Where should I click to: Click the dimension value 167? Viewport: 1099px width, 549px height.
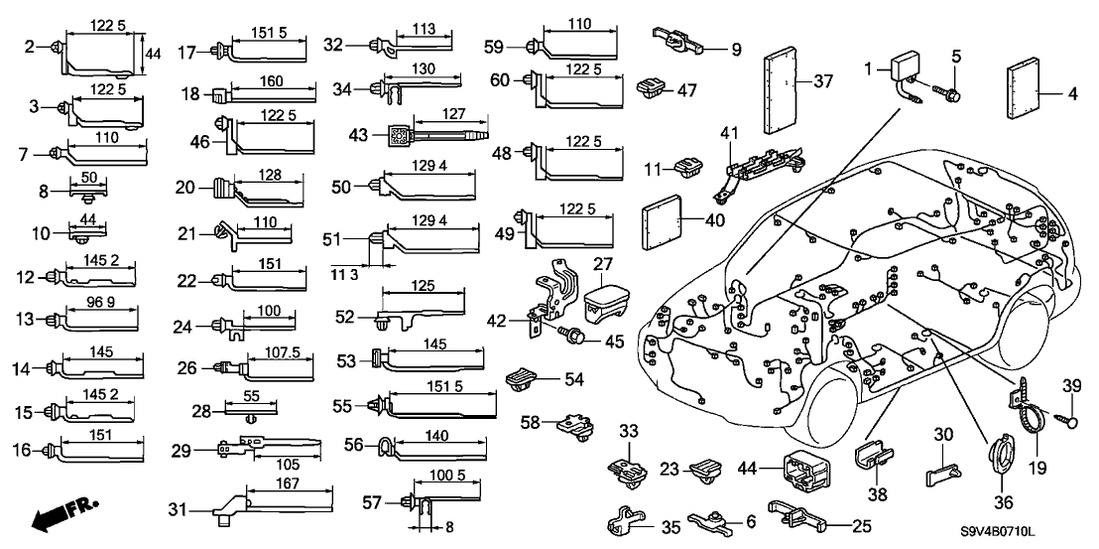point(286,483)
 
